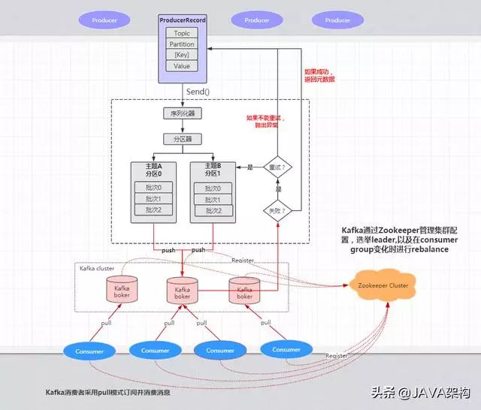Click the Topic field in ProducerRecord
click(x=181, y=33)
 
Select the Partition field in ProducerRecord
click(x=181, y=44)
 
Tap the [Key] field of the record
click(x=181, y=55)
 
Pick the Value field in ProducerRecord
click(x=181, y=66)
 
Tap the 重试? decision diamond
click(x=277, y=167)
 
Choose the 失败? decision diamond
click(x=277, y=211)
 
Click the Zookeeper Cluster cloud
click(x=383, y=286)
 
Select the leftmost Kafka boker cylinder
click(x=120, y=291)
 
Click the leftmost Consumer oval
click(x=89, y=351)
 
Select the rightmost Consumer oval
click(x=286, y=349)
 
